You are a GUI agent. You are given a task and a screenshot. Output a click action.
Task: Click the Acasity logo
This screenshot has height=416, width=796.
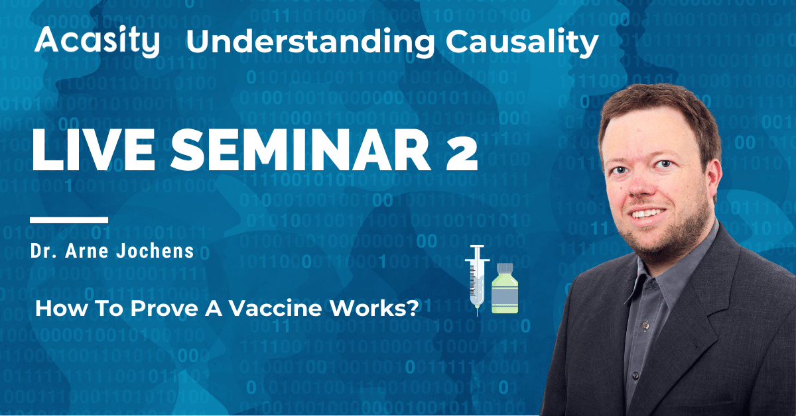click(97, 42)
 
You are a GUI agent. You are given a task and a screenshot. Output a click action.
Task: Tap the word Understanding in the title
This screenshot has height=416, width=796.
click(310, 42)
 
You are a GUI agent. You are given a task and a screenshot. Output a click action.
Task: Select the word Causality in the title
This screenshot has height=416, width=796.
click(522, 42)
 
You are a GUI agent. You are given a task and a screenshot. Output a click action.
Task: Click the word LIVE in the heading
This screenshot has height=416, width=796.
click(94, 150)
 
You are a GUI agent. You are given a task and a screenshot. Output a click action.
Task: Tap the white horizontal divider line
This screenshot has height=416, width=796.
click(69, 220)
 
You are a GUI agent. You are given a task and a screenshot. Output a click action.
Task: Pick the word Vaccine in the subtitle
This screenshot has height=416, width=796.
click(275, 308)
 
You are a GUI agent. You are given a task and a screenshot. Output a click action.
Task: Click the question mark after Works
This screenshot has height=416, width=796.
click(412, 308)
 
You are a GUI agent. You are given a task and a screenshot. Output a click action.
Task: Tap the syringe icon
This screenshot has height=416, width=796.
click(477, 280)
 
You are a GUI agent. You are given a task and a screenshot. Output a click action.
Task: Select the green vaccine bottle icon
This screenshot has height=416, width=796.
click(505, 288)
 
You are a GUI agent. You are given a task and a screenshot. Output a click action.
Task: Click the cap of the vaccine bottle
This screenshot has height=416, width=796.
click(505, 268)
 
